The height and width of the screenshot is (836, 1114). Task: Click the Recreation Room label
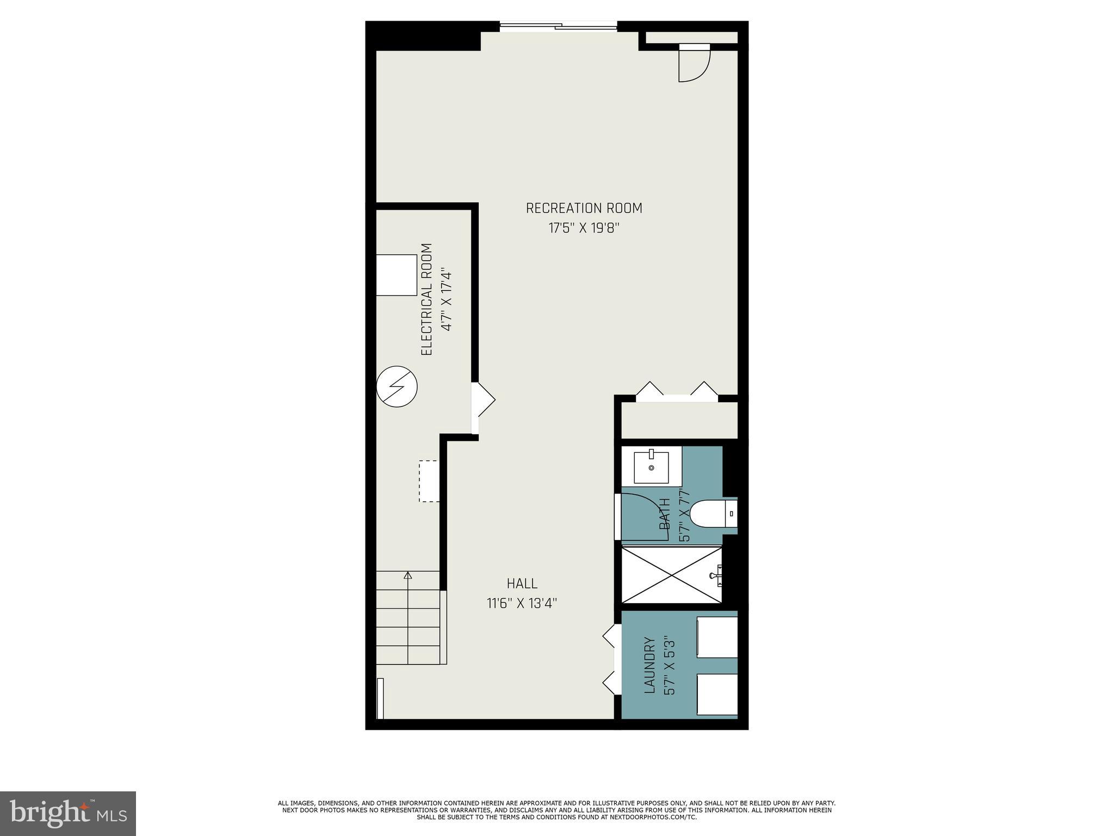pyautogui.click(x=584, y=208)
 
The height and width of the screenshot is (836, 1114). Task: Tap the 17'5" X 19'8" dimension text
pyautogui.click(x=584, y=228)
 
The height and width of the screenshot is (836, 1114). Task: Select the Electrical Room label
pyautogui.click(x=426, y=299)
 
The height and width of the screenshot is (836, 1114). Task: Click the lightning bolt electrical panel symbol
pyautogui.click(x=397, y=386)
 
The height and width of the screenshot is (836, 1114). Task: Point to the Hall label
pyautogui.click(x=522, y=583)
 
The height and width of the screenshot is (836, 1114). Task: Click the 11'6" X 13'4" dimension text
pyautogui.click(x=522, y=603)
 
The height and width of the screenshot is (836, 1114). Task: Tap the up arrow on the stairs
pyautogui.click(x=408, y=576)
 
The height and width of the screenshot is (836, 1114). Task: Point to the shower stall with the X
pyautogui.click(x=672, y=575)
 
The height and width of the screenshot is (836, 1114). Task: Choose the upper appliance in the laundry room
pyautogui.click(x=717, y=637)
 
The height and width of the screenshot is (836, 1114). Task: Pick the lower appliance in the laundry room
pyautogui.click(x=717, y=694)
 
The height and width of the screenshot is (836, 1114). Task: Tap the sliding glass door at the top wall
pyautogui.click(x=559, y=26)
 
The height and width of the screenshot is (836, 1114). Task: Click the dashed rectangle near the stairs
pyautogui.click(x=429, y=481)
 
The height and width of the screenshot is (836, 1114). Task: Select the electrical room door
pyautogui.click(x=483, y=400)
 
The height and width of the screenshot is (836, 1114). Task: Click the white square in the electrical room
pyautogui.click(x=396, y=275)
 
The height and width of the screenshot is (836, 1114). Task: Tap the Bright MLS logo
pyautogui.click(x=68, y=813)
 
